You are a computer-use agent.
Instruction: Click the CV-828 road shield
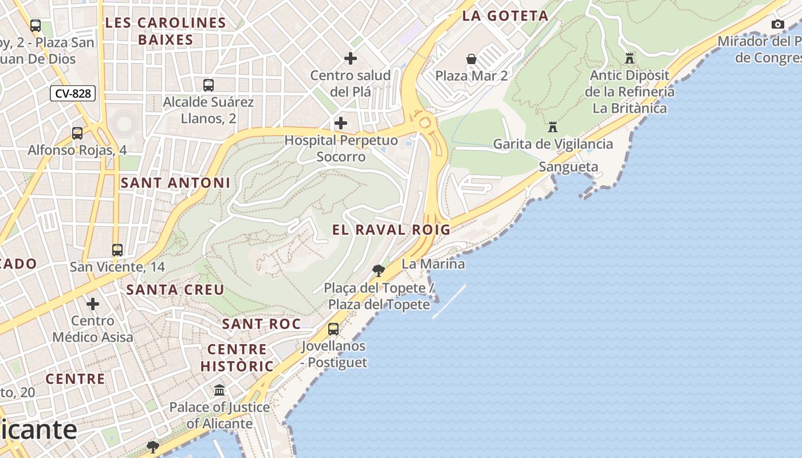click(x=72, y=93)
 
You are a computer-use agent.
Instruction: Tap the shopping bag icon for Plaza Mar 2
click(x=471, y=59)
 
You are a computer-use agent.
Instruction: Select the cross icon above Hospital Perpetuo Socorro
click(x=341, y=123)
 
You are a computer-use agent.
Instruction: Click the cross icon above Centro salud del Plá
click(x=350, y=58)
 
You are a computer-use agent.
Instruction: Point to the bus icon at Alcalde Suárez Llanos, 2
click(x=209, y=85)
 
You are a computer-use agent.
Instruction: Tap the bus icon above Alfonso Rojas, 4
click(x=77, y=133)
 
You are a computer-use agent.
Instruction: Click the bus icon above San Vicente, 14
click(x=117, y=250)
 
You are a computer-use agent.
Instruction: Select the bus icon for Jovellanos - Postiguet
click(x=333, y=329)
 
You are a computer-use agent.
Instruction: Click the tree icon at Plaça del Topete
click(x=378, y=270)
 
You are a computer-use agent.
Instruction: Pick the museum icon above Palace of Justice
click(x=219, y=390)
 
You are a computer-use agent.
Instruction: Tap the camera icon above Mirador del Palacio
click(x=777, y=24)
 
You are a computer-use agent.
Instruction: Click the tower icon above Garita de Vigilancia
click(x=553, y=127)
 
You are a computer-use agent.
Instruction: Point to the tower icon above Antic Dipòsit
click(x=630, y=58)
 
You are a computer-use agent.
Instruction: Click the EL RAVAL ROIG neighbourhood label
click(x=391, y=230)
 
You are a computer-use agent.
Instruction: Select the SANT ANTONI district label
click(x=175, y=183)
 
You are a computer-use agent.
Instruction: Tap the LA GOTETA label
click(x=505, y=15)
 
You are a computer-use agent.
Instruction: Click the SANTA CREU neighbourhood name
click(x=175, y=290)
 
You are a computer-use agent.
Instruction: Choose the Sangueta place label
click(x=568, y=167)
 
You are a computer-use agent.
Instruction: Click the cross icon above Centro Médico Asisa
click(x=93, y=304)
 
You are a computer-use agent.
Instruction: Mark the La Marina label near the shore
click(x=433, y=264)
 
